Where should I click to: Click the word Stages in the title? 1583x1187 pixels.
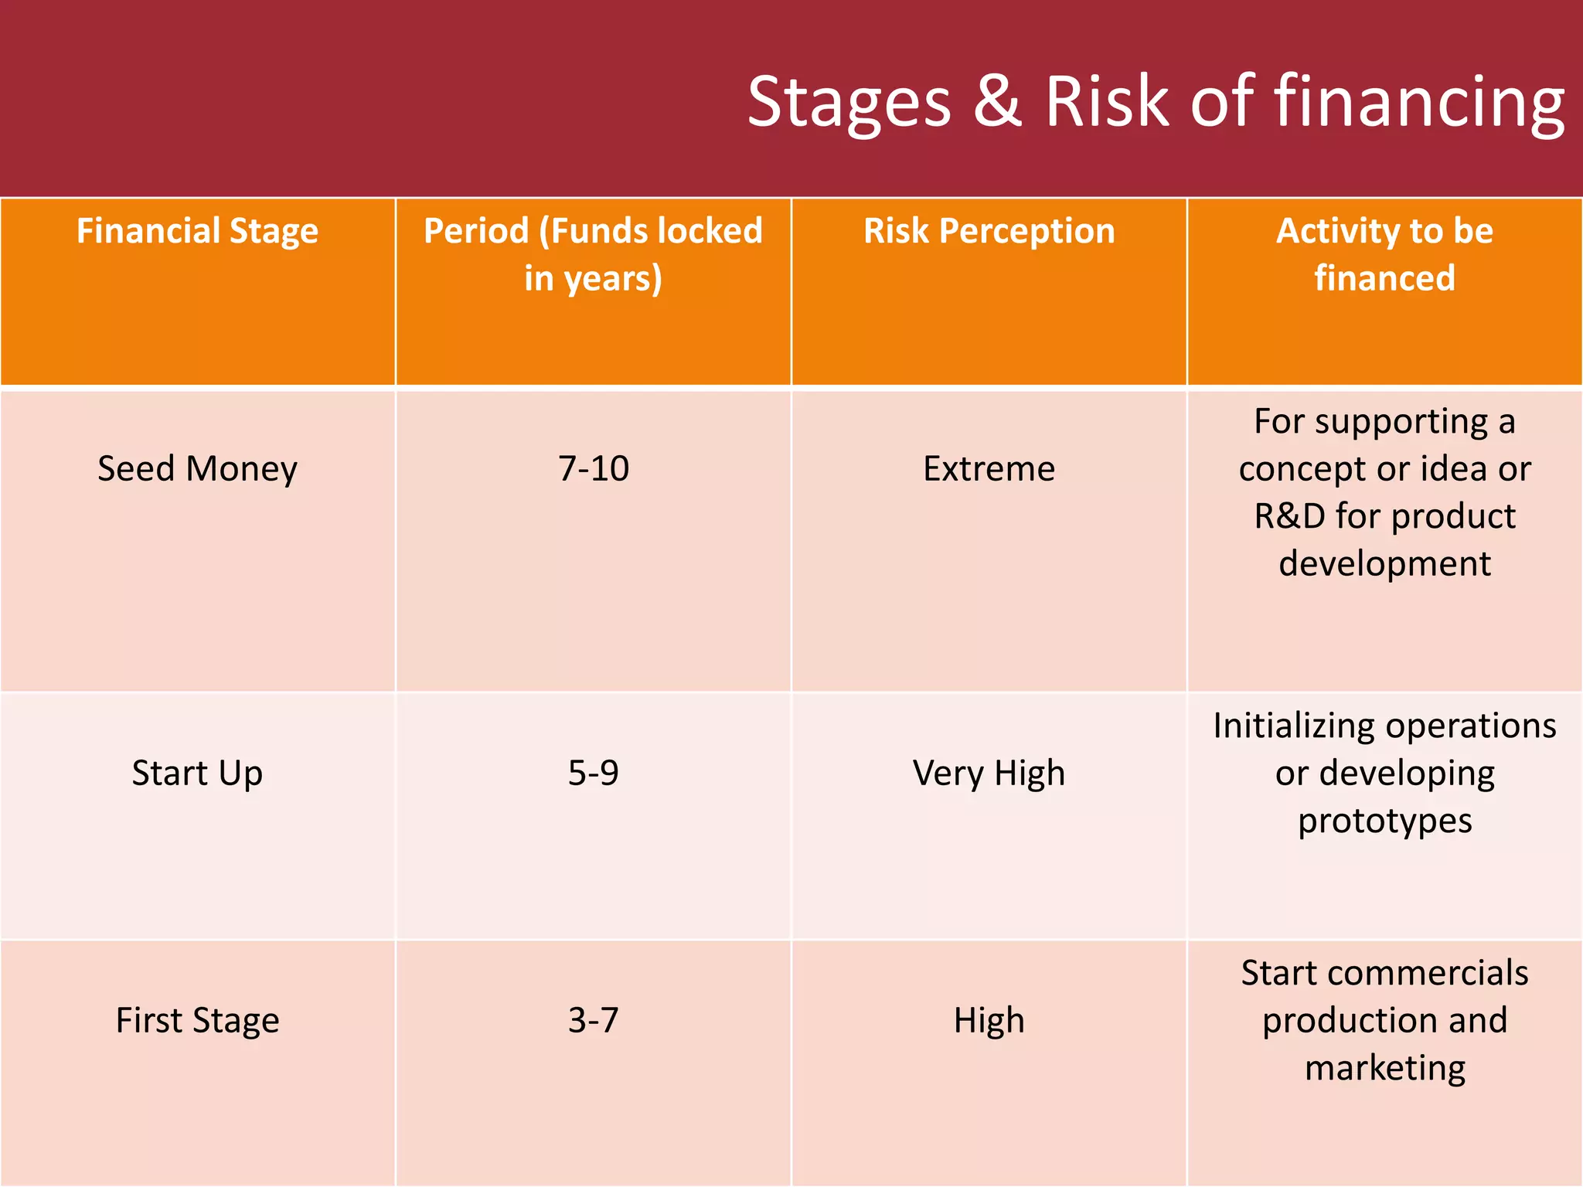(849, 104)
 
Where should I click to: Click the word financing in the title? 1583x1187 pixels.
(1419, 104)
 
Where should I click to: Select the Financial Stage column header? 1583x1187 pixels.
(197, 232)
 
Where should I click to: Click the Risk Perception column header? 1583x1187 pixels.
(989, 232)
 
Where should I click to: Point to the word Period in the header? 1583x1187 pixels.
(476, 232)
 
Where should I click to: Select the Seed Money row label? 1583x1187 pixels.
(197, 469)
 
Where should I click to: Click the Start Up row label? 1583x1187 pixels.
(197, 774)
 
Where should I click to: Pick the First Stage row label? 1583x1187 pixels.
(197, 1021)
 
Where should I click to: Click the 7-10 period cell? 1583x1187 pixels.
(593, 469)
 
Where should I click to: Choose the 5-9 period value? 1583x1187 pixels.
(593, 774)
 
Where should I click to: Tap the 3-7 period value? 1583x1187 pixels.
(593, 1021)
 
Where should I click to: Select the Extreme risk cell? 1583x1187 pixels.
(989, 469)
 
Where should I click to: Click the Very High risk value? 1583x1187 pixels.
(989, 774)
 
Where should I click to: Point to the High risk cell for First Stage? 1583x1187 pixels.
(989, 1021)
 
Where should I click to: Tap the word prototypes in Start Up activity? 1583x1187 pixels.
(1384, 821)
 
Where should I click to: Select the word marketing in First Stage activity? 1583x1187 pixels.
(1384, 1068)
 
